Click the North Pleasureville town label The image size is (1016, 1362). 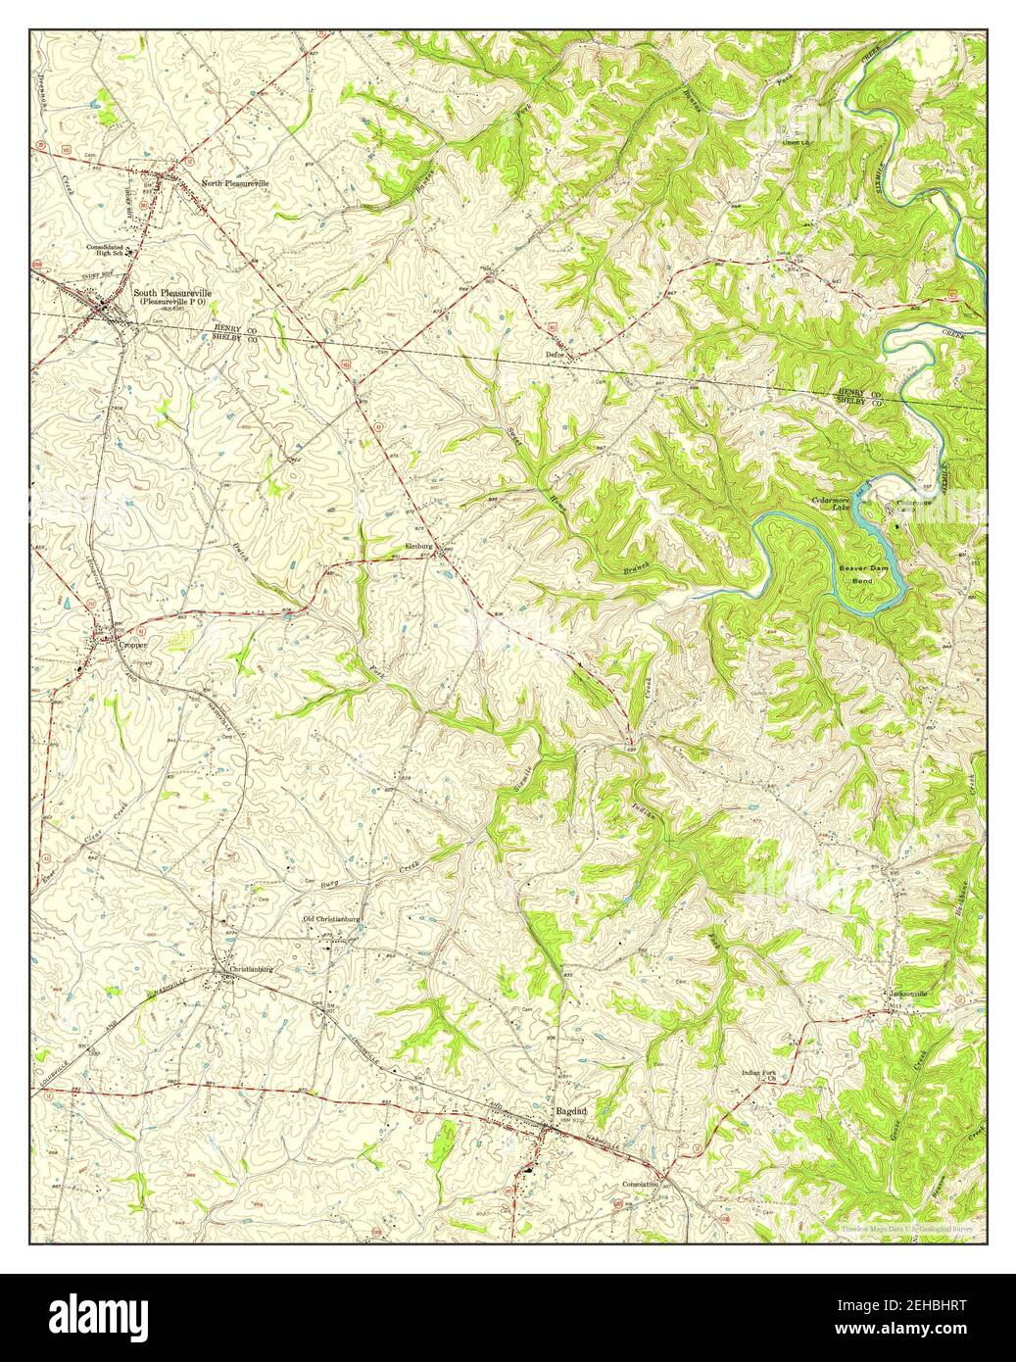tap(234, 183)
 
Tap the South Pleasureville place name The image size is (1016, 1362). tap(172, 292)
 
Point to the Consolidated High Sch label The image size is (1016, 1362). tap(110, 250)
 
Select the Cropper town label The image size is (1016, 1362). tap(131, 646)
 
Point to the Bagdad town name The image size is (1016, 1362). tap(571, 1111)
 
